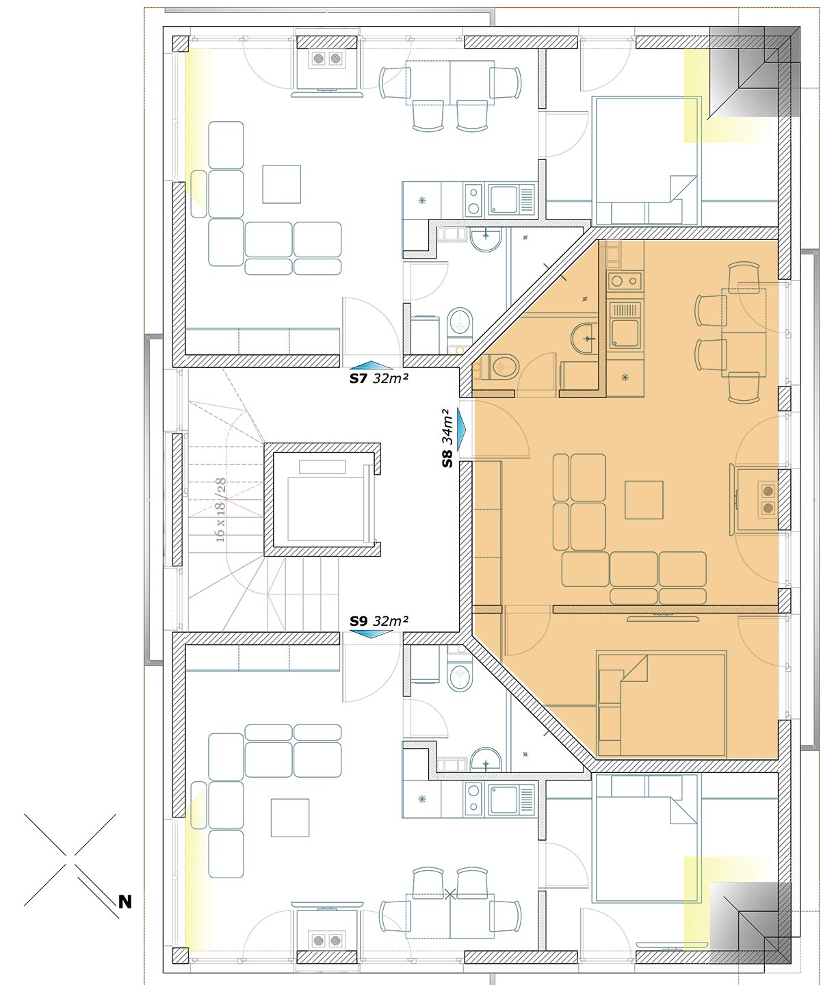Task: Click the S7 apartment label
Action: pyautogui.click(x=358, y=378)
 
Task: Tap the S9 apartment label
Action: pyautogui.click(x=358, y=621)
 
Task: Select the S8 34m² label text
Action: pyautogui.click(x=447, y=438)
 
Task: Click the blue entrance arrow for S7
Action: pyautogui.click(x=372, y=365)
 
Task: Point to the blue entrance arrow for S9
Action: pyautogui.click(x=372, y=633)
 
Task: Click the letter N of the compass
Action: pyautogui.click(x=125, y=902)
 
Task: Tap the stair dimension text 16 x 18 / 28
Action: pyautogui.click(x=221, y=510)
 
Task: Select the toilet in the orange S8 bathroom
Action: pyautogui.click(x=504, y=367)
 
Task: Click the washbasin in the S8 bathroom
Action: pyautogui.click(x=584, y=338)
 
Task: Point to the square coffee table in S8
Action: pyautogui.click(x=644, y=499)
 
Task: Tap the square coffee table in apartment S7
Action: pyautogui.click(x=281, y=184)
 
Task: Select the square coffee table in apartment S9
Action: pyautogui.click(x=289, y=817)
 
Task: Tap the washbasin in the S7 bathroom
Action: pyautogui.click(x=486, y=239)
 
